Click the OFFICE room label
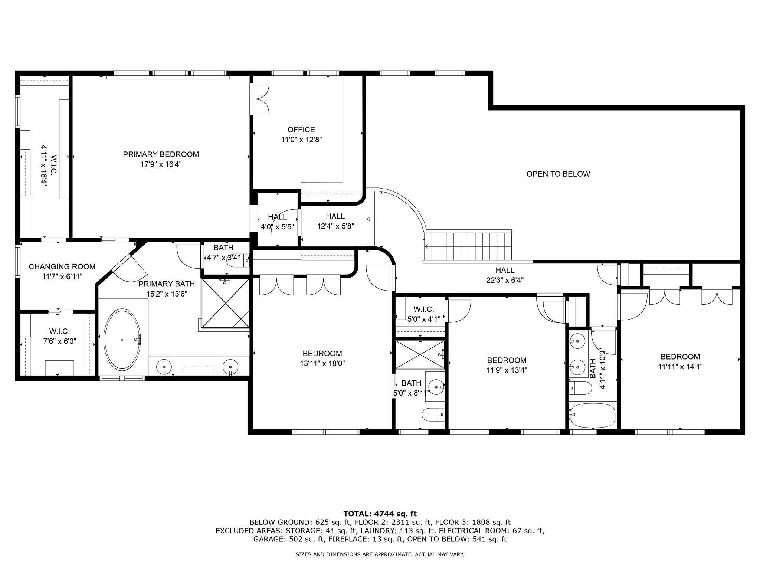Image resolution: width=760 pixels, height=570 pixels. pyautogui.click(x=301, y=130)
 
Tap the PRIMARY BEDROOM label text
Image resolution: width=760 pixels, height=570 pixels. pyautogui.click(x=161, y=154)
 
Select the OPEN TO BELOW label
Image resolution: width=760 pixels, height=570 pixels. pyautogui.click(x=558, y=174)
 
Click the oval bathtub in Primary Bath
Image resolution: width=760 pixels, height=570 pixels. pyautogui.click(x=122, y=339)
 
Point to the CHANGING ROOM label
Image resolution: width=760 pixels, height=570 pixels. pyautogui.click(x=62, y=267)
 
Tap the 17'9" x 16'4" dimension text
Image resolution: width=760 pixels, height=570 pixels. pyautogui.click(x=161, y=164)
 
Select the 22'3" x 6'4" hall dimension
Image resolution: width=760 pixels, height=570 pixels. pyautogui.click(x=505, y=280)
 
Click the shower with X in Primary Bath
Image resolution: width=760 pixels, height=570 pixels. pyautogui.click(x=225, y=304)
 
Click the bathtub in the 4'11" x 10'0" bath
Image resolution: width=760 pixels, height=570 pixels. pyautogui.click(x=593, y=415)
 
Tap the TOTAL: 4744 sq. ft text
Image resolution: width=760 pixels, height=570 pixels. pyautogui.click(x=380, y=514)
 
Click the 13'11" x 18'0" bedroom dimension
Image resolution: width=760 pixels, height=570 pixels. pyautogui.click(x=322, y=364)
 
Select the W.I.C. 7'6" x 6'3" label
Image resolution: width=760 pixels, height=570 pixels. pyautogui.click(x=59, y=336)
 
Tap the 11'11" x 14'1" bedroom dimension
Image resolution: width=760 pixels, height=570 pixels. pyautogui.click(x=680, y=367)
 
